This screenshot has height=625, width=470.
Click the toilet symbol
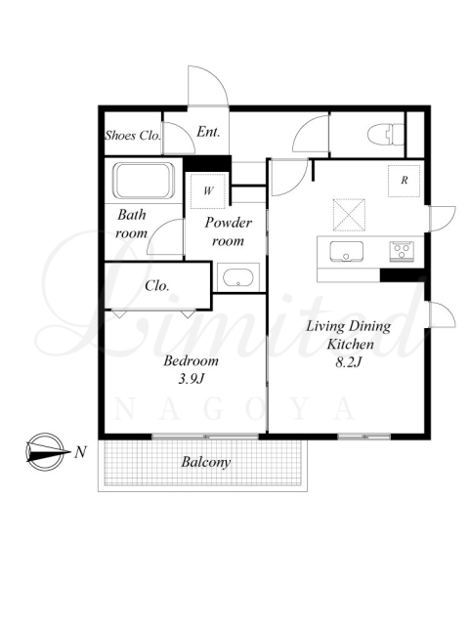point(385,135)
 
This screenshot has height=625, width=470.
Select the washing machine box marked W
point(208,191)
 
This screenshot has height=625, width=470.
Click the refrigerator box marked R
point(405,181)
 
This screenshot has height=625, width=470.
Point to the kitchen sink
point(346,252)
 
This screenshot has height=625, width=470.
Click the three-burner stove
point(402,252)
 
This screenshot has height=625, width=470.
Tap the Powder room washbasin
point(237,277)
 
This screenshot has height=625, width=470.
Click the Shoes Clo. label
point(133,135)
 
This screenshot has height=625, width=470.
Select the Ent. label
point(208,132)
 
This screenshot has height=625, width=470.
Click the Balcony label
point(206,462)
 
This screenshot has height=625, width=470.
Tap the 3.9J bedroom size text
point(192,379)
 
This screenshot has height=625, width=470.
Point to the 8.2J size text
point(348,362)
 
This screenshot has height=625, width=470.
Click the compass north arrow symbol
point(45,452)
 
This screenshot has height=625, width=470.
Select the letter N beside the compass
point(80,452)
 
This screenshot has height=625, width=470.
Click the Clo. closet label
point(156,285)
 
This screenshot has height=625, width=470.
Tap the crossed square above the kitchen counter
point(349,215)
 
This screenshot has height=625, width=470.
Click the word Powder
point(229,222)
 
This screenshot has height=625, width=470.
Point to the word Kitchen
point(350,344)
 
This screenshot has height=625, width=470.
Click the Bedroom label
point(192,360)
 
